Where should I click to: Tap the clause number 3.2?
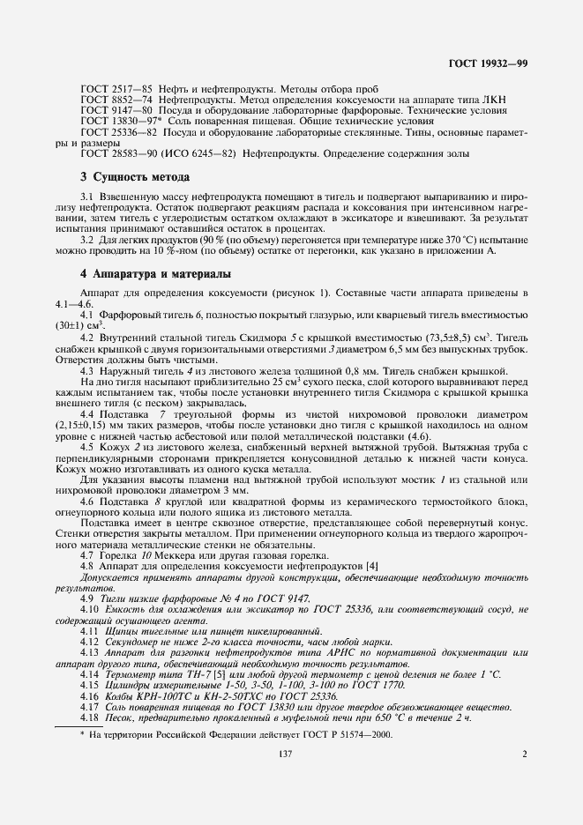tap(87, 240)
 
